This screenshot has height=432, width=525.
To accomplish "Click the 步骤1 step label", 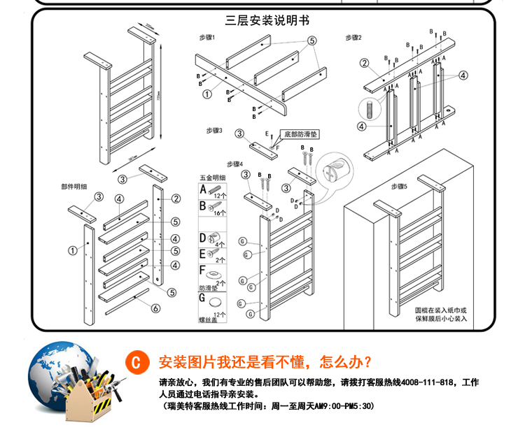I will tap(206, 37).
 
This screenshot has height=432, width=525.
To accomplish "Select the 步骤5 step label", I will tap(399, 186).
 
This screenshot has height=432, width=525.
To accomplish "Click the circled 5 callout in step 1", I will tap(310, 41).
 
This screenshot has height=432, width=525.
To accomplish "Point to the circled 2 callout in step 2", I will tap(365, 63).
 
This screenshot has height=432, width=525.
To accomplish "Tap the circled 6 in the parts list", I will tap(155, 308).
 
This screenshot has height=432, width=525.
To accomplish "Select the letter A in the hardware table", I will tap(204, 189).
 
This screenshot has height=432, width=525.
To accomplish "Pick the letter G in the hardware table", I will tap(204, 298).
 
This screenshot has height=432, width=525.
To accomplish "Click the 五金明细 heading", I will tap(213, 178).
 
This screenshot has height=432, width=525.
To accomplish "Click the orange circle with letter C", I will tap(137, 363).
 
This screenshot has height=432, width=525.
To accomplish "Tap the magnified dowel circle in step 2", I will tap(369, 109).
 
